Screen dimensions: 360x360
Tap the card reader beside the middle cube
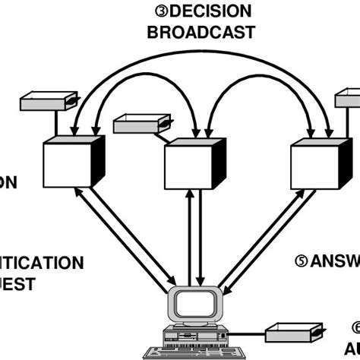click(x=141, y=124)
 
